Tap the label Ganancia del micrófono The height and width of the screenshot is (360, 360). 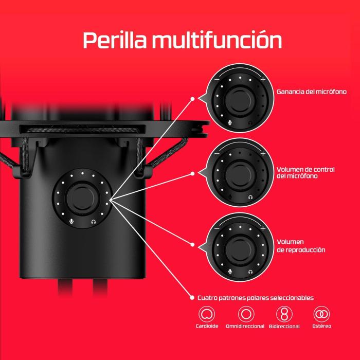pyautogui.click(x=311, y=92)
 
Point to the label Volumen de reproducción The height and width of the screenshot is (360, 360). pyautogui.click(x=301, y=245)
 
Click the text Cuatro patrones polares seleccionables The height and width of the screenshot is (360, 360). pyautogui.click(x=256, y=298)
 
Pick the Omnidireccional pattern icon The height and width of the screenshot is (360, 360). pyautogui.click(x=245, y=314)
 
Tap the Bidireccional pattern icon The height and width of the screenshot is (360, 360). pyautogui.click(x=282, y=314)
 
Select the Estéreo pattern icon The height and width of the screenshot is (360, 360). pyautogui.click(x=321, y=314)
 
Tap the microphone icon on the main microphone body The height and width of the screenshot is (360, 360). pyautogui.click(x=71, y=222)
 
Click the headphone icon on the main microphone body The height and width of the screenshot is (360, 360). pyautogui.click(x=94, y=222)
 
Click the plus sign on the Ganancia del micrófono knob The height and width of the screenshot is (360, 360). pyautogui.click(x=263, y=80)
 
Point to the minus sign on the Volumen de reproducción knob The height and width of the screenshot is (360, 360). pyautogui.click(x=217, y=228)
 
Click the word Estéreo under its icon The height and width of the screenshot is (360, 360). pyautogui.click(x=321, y=326)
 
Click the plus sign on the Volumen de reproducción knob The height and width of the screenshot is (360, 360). pyautogui.click(x=263, y=228)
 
